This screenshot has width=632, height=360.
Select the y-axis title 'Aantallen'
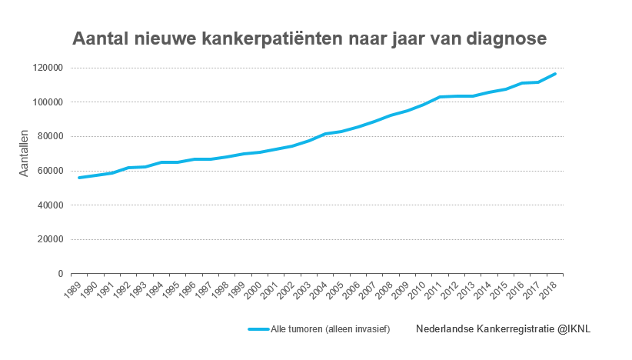(24, 153)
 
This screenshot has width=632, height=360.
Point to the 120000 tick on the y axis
(48, 68)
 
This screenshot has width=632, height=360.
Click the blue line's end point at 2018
(555, 74)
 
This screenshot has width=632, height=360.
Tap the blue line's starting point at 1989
(78, 178)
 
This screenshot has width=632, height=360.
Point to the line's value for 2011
(439, 97)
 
